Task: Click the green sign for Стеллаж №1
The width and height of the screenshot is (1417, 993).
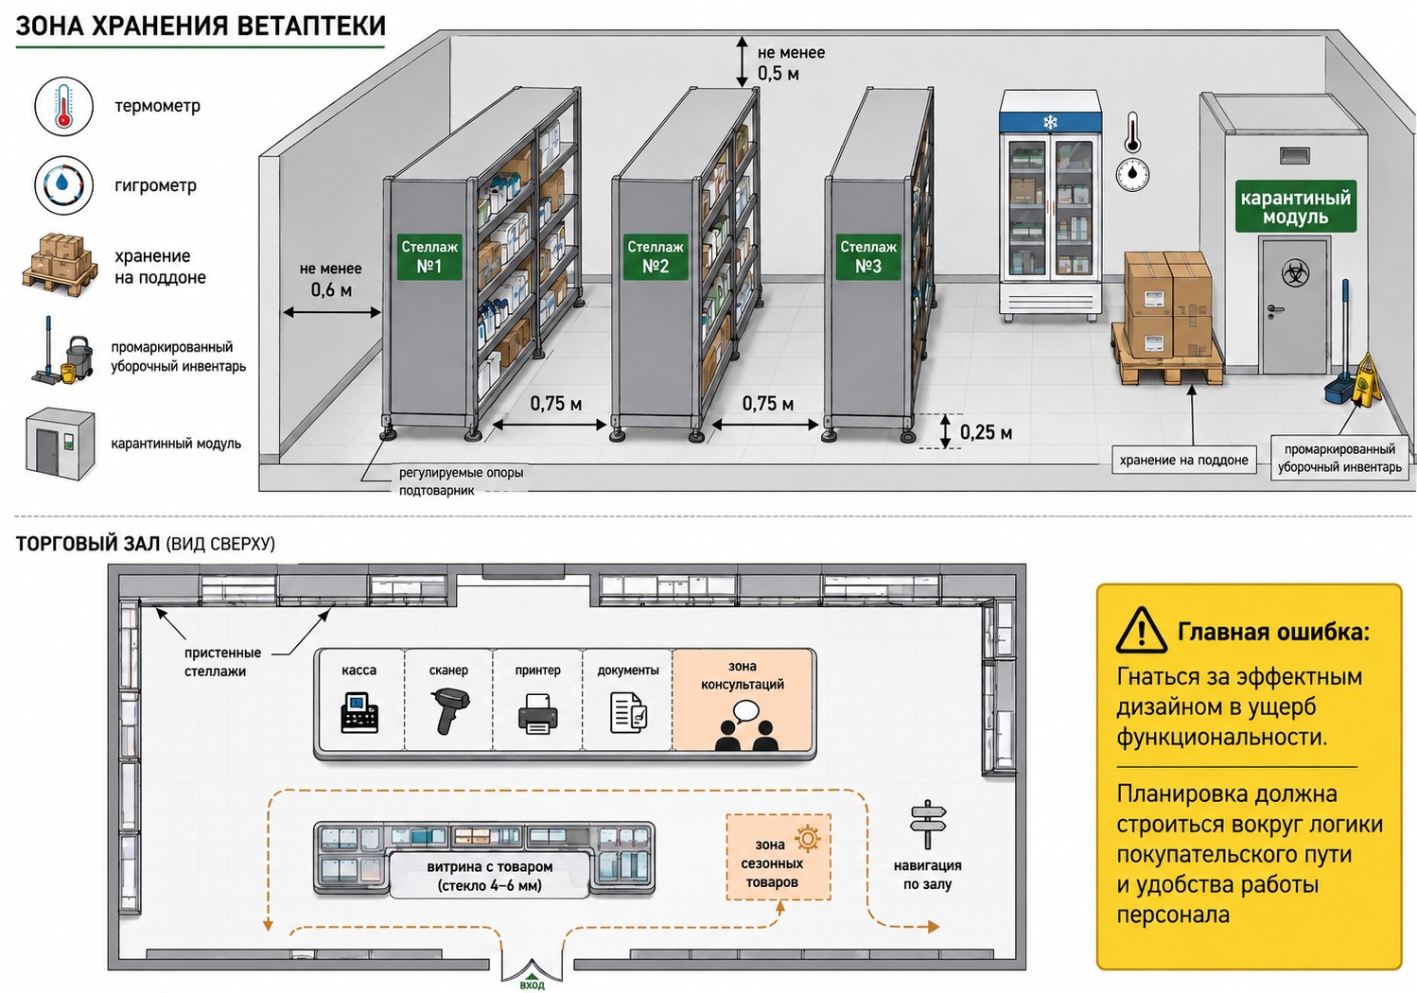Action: pos(429,256)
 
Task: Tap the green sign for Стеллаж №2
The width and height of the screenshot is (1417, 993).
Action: pos(655,256)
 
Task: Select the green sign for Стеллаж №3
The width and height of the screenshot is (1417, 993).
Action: pos(868,256)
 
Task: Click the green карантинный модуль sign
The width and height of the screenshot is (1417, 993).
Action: pos(1296,207)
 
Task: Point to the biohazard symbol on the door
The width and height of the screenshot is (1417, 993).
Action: pos(1295,272)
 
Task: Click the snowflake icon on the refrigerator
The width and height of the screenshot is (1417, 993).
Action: pos(1050,121)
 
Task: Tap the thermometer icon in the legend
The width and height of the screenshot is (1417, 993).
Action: pos(63,106)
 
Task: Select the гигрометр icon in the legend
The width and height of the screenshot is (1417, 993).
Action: pos(63,185)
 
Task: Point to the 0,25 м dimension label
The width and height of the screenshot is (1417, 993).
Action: pos(986,432)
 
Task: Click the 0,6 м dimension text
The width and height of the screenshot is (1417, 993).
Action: pos(331,289)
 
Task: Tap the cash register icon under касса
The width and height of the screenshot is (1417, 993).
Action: pos(359,713)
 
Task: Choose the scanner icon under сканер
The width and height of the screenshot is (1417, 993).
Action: pos(448,711)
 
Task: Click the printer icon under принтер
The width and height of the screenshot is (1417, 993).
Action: pos(537,713)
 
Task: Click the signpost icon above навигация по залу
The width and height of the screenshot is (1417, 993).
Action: pos(927,824)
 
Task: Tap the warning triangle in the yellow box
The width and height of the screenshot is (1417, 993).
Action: pos(1141,630)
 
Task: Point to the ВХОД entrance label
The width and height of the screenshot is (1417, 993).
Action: pos(532,985)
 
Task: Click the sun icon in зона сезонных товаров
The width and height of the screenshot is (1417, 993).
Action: pos(807,838)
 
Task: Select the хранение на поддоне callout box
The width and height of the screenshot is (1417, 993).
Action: pos(1183,460)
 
